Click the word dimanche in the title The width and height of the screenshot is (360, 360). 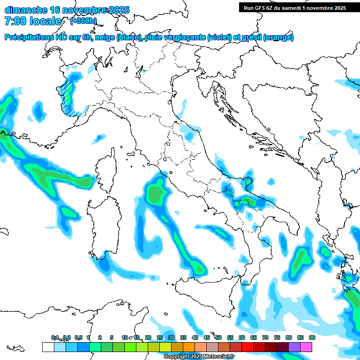[x=26, y=10]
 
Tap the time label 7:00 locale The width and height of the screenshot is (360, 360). [x=33, y=21]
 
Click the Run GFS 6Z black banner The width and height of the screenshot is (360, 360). [x=294, y=7]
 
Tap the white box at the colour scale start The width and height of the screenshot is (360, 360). [x=48, y=347]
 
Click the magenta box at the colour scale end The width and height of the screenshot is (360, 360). [x=306, y=347]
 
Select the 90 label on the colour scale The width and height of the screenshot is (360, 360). [x=312, y=337]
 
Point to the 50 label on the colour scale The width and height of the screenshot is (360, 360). [x=218, y=337]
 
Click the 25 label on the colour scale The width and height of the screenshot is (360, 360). [x=160, y=337]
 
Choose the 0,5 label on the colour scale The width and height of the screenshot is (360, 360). [x=78, y=337]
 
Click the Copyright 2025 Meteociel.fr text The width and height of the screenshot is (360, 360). [x=199, y=357]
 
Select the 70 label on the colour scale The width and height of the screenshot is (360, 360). [x=265, y=337]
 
